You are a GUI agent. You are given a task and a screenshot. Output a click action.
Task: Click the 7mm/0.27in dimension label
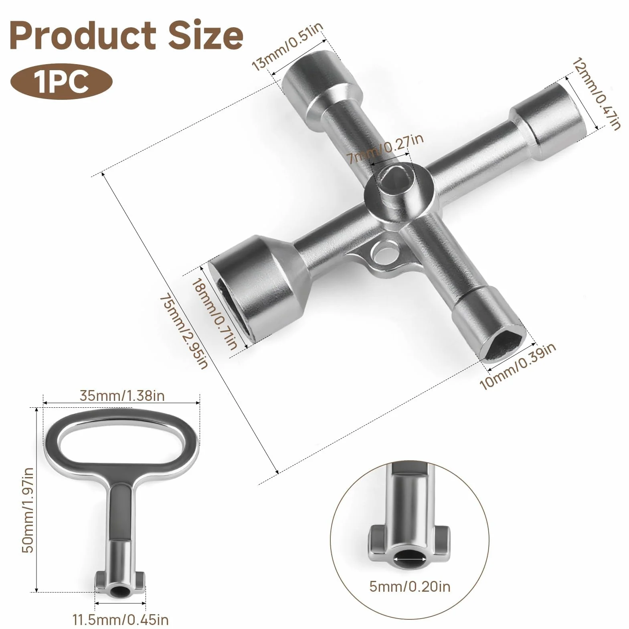385,148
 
